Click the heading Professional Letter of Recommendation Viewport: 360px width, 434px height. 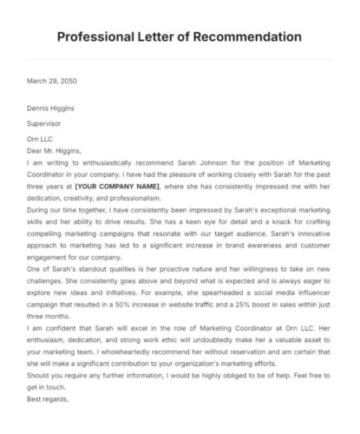pyautogui.click(x=180, y=37)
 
